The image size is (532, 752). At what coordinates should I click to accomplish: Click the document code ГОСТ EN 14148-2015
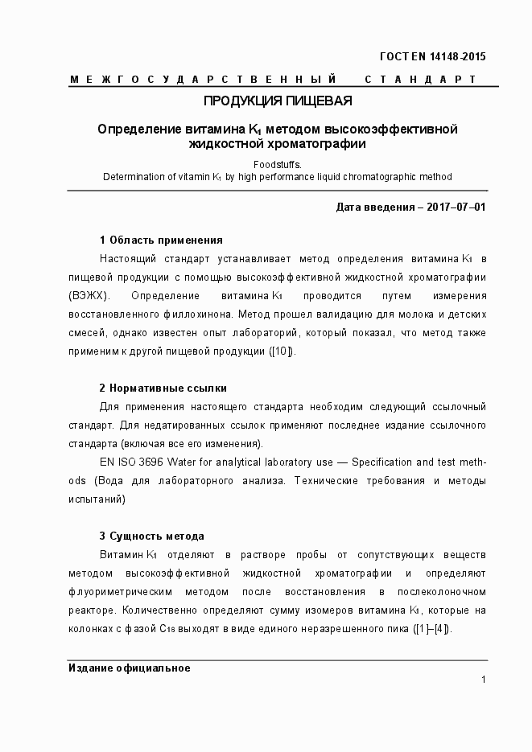click(x=431, y=56)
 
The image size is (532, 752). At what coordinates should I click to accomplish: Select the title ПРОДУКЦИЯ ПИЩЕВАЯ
click(x=277, y=101)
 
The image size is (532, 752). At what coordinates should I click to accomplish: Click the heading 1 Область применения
click(x=161, y=240)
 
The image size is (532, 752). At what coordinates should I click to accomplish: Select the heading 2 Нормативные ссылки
click(x=163, y=388)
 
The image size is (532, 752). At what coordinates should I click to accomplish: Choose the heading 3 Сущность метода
click(x=151, y=536)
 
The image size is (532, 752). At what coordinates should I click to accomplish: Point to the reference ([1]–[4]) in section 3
click(x=431, y=629)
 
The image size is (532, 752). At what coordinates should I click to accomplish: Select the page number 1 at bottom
click(x=483, y=680)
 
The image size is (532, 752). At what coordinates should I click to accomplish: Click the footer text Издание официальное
click(x=129, y=668)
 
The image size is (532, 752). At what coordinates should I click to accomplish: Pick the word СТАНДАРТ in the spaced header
click(x=420, y=79)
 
